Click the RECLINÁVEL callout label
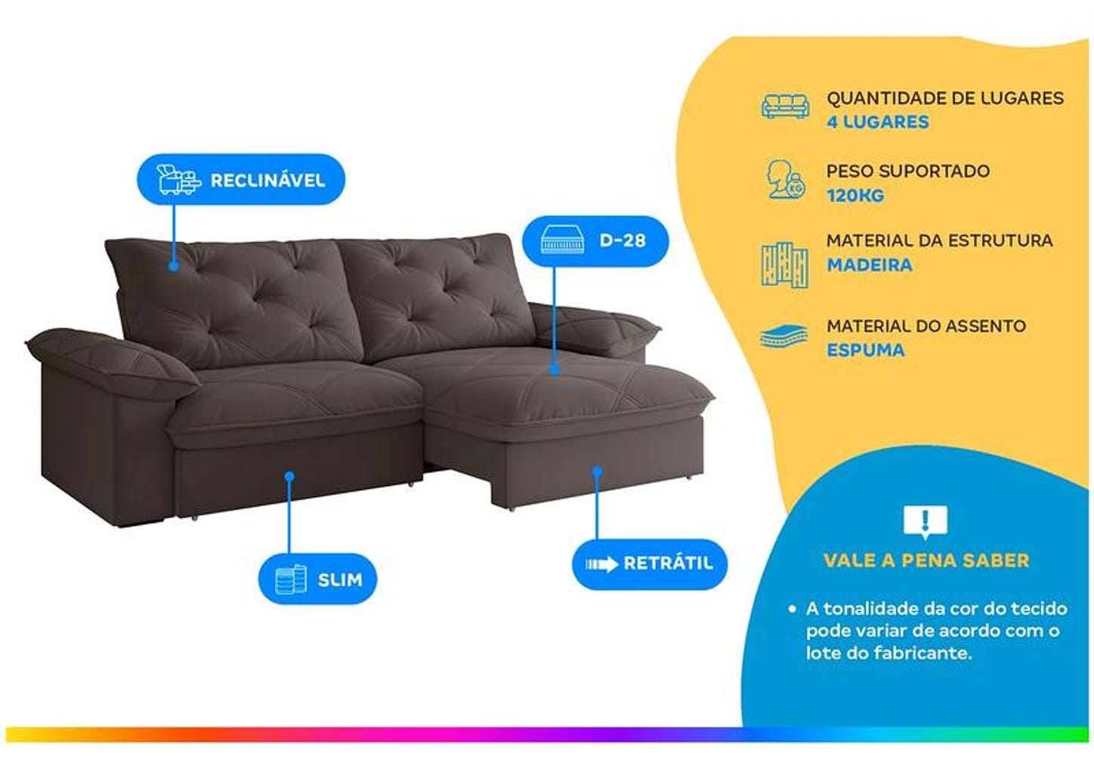(241, 179)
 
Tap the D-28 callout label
(595, 241)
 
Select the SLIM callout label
(317, 579)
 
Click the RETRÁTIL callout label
(650, 564)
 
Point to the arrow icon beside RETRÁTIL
(602, 564)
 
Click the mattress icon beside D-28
(562, 241)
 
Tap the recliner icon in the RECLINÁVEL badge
(179, 180)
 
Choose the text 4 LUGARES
(878, 122)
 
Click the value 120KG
(855, 196)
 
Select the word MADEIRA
(870, 265)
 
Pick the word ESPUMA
(865, 350)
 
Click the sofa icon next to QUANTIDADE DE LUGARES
(785, 106)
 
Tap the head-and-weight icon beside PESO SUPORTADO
(786, 179)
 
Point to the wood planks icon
(784, 265)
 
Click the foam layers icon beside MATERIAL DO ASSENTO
(784, 336)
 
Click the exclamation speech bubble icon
(925, 522)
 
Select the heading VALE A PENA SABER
(926, 560)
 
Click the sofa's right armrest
(595, 329)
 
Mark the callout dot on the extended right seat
(555, 369)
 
